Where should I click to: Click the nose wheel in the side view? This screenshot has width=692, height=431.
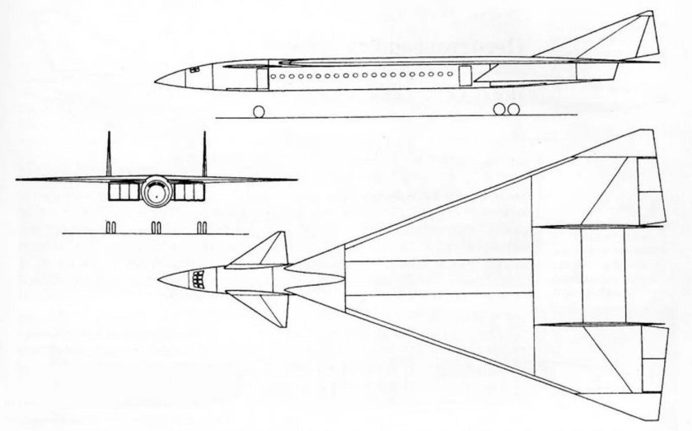[x=258, y=110]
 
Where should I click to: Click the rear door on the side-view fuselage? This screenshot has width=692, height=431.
[x=465, y=77]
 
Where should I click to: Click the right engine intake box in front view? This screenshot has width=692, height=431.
[x=188, y=192]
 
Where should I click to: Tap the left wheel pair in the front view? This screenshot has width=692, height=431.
[x=113, y=226]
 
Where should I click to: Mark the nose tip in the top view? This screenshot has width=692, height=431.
[x=157, y=279]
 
